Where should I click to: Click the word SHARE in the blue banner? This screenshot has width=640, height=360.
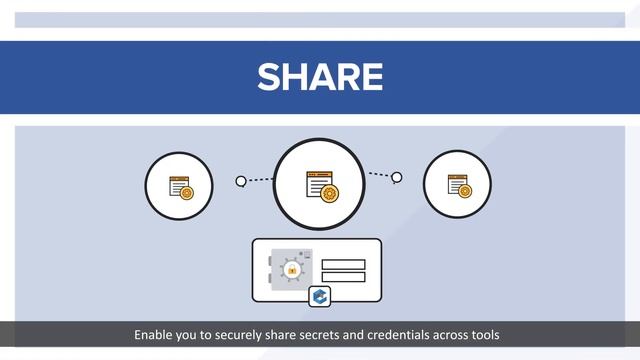(x=320, y=77)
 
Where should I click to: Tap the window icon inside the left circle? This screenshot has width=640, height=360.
(x=180, y=187)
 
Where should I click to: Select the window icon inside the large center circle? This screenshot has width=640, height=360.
(x=321, y=184)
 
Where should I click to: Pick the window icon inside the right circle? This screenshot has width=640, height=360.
(x=458, y=185)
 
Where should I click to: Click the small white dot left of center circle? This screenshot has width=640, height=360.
(x=241, y=181)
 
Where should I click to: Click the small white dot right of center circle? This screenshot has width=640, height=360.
(x=397, y=178)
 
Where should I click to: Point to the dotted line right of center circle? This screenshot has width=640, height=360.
(x=380, y=175)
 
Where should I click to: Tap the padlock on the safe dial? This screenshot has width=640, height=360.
(x=292, y=270)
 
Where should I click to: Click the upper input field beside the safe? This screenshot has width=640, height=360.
(x=343, y=264)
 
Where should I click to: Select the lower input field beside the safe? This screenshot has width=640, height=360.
(x=343, y=277)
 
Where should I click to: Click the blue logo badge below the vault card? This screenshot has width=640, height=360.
(x=320, y=296)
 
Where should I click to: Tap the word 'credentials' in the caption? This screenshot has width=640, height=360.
(x=391, y=334)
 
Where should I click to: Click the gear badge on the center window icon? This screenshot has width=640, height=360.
(x=330, y=193)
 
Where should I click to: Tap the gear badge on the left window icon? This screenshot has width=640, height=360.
(x=186, y=192)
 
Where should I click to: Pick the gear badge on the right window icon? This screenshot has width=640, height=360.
(x=465, y=190)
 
